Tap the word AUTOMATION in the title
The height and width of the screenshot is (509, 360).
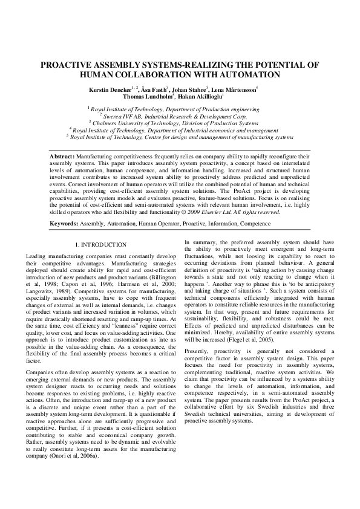(x=249, y=74)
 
